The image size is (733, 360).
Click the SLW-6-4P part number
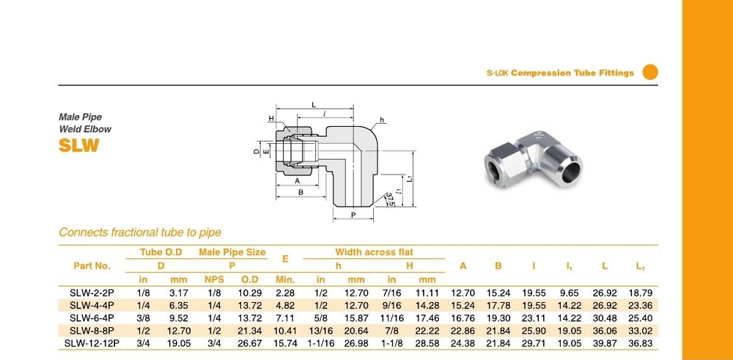(x=92, y=318)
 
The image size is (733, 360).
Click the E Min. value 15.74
(x=285, y=342)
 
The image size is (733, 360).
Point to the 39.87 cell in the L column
(x=605, y=342)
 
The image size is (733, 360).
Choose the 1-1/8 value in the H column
(x=391, y=342)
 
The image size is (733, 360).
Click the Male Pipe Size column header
(x=232, y=252)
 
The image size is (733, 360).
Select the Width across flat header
(x=374, y=252)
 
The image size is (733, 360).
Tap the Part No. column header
(x=92, y=265)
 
